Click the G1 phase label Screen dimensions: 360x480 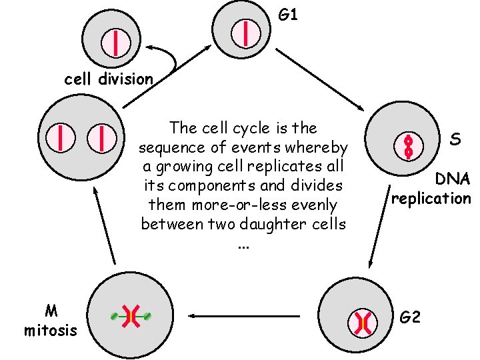tap(288, 14)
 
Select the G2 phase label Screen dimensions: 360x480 tap(411, 317)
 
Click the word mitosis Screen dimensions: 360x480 tap(50, 330)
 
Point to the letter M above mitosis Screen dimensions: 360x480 tap(50, 311)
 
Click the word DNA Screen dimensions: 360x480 tap(453, 179)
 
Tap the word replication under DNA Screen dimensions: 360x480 tap(431, 198)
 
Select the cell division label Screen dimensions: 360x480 tap(108, 79)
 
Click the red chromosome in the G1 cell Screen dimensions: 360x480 tap(247, 33)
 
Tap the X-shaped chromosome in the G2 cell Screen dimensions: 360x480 tap(362, 323)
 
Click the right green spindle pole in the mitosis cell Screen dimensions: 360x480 tap(147, 315)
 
